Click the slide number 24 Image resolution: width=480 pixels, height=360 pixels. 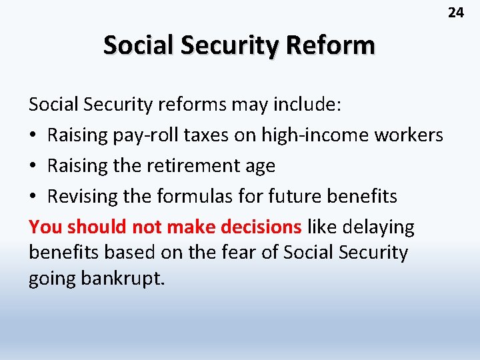point(455,12)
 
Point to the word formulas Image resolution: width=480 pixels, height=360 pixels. point(198,197)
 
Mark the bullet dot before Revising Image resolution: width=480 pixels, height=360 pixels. point(33,197)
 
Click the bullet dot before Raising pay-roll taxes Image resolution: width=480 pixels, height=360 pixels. point(33,136)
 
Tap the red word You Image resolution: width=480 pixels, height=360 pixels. point(45,227)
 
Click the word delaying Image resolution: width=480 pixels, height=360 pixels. point(377,227)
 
